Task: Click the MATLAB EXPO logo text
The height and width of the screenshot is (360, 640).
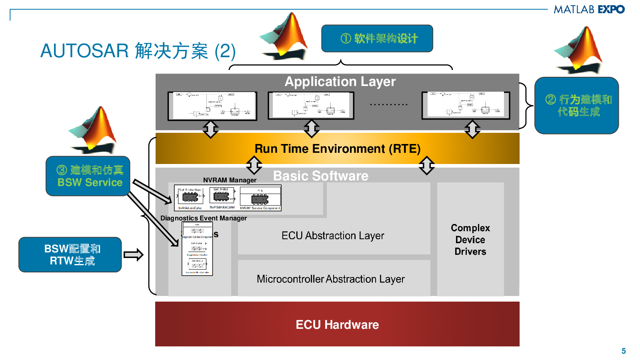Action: coord(589,9)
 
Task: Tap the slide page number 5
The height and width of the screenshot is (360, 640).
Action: coord(623,351)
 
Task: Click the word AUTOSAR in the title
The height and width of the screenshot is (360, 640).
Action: coord(84,51)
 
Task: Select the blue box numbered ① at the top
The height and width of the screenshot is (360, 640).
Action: coord(377,38)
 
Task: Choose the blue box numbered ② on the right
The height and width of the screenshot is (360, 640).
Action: coord(576,106)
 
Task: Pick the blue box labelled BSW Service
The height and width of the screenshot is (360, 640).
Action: coord(88,176)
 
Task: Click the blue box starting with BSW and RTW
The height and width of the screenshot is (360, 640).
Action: coord(70,255)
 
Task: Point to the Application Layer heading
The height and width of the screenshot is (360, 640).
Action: coord(340,82)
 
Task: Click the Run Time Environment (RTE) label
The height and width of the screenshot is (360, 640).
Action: coord(337,149)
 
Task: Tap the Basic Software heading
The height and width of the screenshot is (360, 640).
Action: coord(320,176)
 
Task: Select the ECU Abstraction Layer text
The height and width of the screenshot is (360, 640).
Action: coord(332,236)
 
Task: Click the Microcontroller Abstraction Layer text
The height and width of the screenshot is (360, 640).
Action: coord(330,279)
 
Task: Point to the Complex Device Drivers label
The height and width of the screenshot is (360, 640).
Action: coord(470,240)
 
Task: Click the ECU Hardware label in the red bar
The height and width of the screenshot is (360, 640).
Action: coord(337,324)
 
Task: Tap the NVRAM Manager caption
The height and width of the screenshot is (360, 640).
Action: coord(230,180)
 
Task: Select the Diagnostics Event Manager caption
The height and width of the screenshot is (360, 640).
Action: coord(204,218)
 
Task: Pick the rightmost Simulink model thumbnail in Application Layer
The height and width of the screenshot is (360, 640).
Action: coord(466,106)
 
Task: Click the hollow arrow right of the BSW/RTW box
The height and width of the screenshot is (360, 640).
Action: coord(134,255)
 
